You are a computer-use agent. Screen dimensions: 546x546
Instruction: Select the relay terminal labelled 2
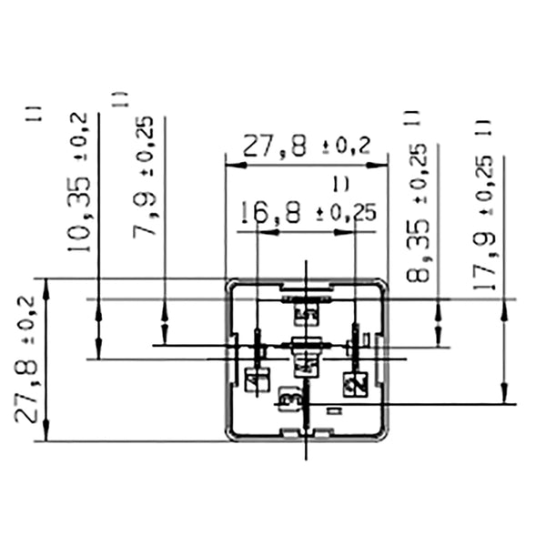click(x=354, y=383)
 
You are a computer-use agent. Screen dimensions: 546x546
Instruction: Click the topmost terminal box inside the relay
click(x=306, y=315)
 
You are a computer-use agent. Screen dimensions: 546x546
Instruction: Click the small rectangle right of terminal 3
click(x=333, y=410)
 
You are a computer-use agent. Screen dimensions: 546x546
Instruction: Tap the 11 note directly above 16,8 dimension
click(x=340, y=185)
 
